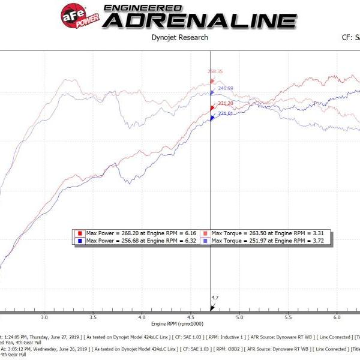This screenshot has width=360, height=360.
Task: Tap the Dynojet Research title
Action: (179, 37)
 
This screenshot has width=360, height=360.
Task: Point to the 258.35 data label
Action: (215, 71)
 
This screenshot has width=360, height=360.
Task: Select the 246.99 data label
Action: (226, 88)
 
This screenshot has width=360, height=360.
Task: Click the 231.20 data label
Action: (226, 103)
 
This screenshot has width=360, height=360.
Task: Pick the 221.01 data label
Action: (226, 113)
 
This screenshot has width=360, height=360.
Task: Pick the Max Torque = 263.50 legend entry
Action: (265, 233)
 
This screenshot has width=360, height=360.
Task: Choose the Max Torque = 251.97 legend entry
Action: (265, 240)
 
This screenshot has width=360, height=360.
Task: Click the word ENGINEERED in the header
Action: (143, 7)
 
